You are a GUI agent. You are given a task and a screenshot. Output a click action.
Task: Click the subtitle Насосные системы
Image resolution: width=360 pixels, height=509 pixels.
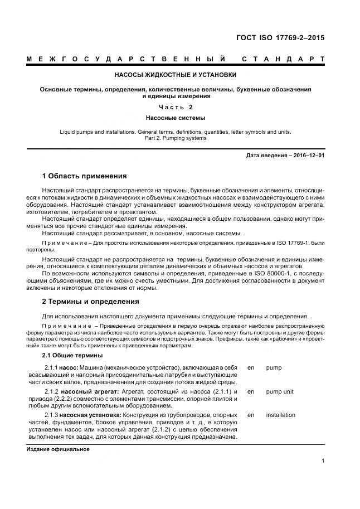pyautogui.click(x=175, y=118)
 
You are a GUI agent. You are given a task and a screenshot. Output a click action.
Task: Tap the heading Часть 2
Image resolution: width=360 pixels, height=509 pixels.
pyautogui.click(x=175, y=107)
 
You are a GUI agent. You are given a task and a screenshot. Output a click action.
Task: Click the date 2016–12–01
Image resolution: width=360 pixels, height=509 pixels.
pyautogui.click(x=306, y=156)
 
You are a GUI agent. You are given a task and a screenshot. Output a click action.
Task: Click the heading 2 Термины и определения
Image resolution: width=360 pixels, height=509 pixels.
pyautogui.click(x=91, y=302)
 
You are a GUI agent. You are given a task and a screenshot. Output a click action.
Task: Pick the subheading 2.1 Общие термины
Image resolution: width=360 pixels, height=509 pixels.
pyautogui.click(x=72, y=355)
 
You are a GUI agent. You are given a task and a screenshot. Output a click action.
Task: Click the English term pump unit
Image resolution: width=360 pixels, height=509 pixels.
pyautogui.click(x=280, y=392)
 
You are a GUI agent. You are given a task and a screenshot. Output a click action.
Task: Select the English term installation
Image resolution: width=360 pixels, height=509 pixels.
pyautogui.click(x=281, y=415)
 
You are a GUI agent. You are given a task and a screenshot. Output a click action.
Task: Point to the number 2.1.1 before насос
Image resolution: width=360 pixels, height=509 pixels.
pyautogui.click(x=51, y=369)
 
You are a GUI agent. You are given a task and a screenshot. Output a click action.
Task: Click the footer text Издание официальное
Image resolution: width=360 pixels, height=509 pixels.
pyautogui.click(x=58, y=448)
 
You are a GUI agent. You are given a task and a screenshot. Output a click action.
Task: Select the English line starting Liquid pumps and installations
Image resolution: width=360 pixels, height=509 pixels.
pyautogui.click(x=175, y=132)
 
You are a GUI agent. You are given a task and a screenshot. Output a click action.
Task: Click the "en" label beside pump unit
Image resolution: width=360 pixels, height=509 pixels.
pyautogui.click(x=250, y=392)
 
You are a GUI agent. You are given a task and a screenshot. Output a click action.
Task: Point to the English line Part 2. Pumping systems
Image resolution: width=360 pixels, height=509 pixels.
pyautogui.click(x=175, y=138)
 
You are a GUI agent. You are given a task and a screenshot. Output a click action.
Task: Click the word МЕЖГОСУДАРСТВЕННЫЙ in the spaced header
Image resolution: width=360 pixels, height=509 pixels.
pyautogui.click(x=126, y=59)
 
